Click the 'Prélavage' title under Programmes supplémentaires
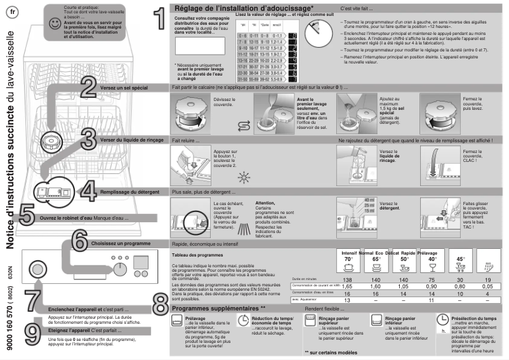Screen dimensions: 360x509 click(195, 317)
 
